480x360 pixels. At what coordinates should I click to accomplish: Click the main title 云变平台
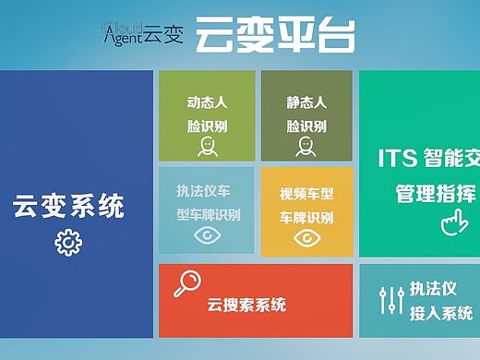275,35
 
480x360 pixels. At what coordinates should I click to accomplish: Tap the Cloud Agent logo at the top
143,33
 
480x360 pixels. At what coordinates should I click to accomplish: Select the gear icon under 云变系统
68,242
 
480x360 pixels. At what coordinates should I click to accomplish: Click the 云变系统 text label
68,206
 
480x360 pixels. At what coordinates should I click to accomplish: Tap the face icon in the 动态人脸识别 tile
207,147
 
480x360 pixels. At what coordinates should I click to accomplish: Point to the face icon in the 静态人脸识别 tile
306,147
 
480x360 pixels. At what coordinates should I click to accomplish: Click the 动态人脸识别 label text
207,114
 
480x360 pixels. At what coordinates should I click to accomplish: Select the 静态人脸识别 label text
306,114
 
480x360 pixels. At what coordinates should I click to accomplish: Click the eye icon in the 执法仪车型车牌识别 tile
208,236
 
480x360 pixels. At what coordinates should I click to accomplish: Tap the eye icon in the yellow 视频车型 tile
306,237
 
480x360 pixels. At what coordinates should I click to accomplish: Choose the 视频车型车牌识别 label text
306,206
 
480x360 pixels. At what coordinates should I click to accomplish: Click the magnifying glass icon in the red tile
189,282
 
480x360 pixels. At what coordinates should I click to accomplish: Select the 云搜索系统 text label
246,306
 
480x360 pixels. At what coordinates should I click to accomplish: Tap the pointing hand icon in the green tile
451,222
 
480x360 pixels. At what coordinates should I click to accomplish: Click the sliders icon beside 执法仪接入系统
392,299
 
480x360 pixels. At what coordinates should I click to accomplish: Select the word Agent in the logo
122,39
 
